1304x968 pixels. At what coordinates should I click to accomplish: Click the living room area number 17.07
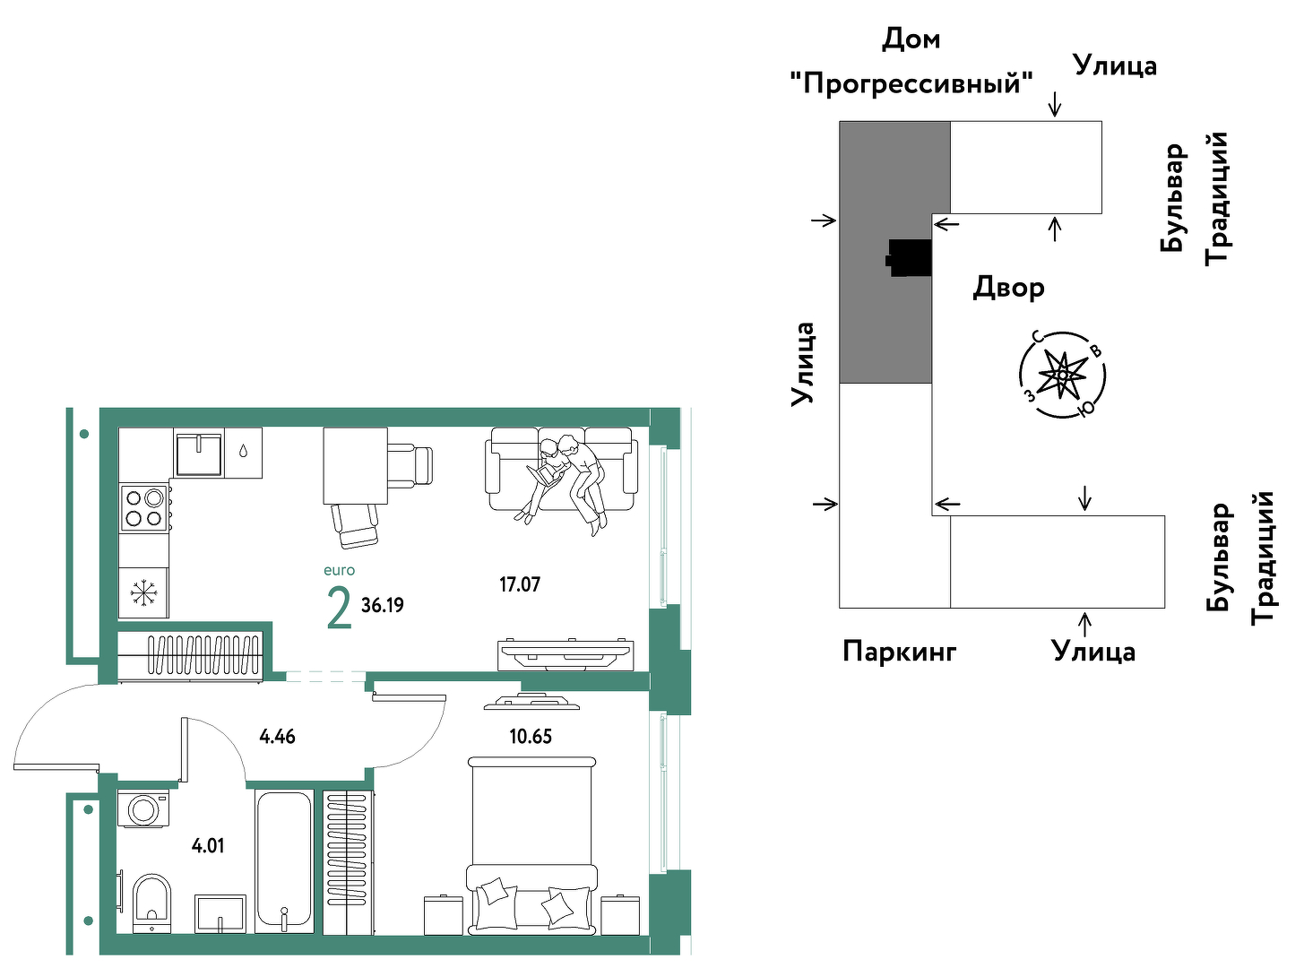(520, 584)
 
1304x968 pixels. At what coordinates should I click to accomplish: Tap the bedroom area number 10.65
(531, 736)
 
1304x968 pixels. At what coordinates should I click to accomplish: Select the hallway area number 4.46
(278, 736)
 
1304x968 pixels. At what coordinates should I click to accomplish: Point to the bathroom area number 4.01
(208, 846)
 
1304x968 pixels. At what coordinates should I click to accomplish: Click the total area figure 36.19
(382, 605)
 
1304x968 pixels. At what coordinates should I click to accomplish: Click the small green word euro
(340, 570)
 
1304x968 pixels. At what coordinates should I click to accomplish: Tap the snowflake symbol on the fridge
(141, 592)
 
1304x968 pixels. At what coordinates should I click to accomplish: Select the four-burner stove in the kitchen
(144, 507)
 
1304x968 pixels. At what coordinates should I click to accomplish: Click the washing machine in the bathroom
(143, 809)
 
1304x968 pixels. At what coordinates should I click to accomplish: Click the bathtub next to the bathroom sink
(284, 861)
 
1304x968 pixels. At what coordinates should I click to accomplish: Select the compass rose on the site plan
(1062, 375)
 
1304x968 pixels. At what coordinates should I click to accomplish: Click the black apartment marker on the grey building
(909, 257)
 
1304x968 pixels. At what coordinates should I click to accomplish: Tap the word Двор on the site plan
(1009, 288)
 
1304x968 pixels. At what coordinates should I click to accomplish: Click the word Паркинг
(900, 652)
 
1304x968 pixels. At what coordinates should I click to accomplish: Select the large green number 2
(340, 608)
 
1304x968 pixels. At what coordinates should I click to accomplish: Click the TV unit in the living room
(566, 654)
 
